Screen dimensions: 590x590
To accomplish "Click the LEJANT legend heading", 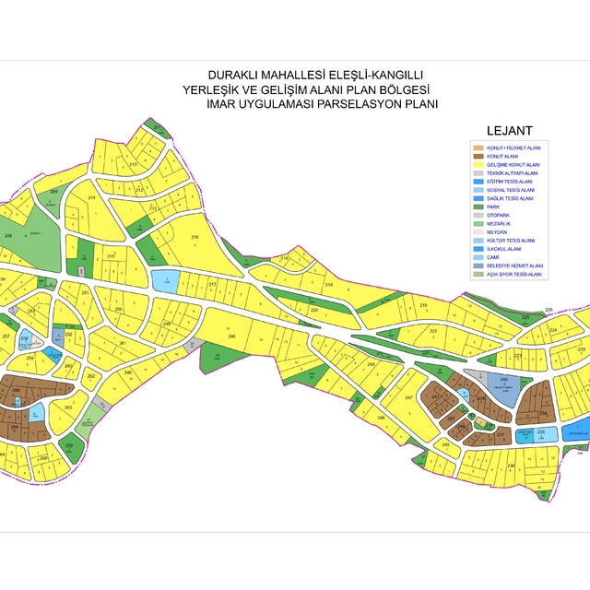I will click(x=509, y=131).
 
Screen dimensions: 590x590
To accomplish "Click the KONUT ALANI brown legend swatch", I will click(x=478, y=157).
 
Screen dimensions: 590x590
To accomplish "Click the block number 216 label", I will click(x=195, y=238).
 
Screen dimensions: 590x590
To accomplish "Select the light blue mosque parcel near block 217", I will click(x=164, y=281).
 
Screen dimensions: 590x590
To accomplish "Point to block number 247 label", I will click(x=409, y=397).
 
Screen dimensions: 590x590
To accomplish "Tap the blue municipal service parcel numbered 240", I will click(x=503, y=383).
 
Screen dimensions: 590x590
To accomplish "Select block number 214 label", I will click(x=91, y=198).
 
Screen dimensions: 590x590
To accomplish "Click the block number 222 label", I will click(x=432, y=329).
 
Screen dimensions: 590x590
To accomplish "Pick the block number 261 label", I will click(x=122, y=343).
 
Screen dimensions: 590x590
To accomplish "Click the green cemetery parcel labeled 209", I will click(x=54, y=192).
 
